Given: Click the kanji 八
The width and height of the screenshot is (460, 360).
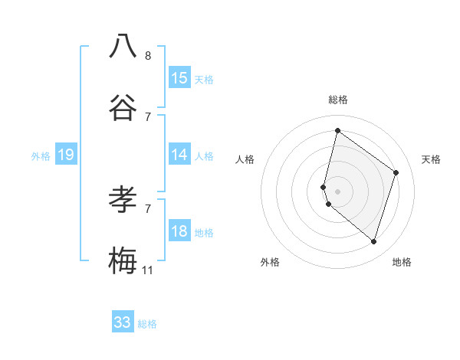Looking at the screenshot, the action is coord(123,46).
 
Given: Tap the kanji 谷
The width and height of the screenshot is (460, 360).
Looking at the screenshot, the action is coord(123,109).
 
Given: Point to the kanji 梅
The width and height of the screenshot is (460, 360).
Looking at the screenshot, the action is coord(123,261).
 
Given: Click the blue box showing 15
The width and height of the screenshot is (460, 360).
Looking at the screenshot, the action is coord(179,77).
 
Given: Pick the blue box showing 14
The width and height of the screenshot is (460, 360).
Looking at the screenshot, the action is coord(179,155).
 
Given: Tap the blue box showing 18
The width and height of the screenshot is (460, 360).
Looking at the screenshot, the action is coord(179,231).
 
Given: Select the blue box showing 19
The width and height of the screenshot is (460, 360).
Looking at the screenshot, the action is coord(66,155).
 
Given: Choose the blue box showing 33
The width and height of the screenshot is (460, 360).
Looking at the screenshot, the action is coord(123,322).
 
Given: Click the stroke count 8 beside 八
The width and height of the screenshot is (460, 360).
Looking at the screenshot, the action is coord(148,56).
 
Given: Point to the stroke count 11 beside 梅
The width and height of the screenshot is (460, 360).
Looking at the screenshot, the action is coord(148,270).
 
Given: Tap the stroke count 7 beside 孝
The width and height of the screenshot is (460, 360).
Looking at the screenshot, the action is coord(148,208).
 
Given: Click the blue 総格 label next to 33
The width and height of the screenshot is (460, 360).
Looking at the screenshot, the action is coord(147,324).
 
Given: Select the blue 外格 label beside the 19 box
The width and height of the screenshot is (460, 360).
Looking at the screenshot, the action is coord(41,156).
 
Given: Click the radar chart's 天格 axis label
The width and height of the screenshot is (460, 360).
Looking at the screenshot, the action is coord(431,159).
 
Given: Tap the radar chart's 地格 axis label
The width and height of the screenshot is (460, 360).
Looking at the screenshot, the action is coord(402,262).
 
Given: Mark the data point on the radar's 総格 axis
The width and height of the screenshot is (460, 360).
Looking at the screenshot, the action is coord(337,130).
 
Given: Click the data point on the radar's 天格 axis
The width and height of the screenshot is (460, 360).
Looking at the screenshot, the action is coord(396,172).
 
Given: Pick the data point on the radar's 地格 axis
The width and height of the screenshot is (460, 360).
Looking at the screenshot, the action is coord(373,241).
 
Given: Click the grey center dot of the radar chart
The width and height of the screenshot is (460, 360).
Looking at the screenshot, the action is coord(337,191).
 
